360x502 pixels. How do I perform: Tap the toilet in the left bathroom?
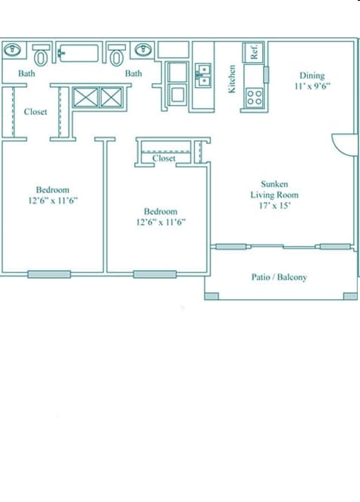click(41, 55)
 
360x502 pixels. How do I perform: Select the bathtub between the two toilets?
click(79, 53)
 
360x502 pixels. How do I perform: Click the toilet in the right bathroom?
click(117, 55)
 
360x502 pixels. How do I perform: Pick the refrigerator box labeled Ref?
click(254, 51)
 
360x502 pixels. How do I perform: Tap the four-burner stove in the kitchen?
click(254, 97)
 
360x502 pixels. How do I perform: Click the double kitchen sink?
click(202, 73)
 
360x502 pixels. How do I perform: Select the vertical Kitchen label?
click(233, 79)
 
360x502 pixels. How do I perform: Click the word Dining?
click(311, 76)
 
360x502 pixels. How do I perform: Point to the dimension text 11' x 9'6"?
click(311, 86)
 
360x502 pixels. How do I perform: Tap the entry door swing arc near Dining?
click(345, 145)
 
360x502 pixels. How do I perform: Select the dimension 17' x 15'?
click(274, 205)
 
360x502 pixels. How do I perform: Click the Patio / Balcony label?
click(279, 277)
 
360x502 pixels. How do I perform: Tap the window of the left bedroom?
click(49, 274)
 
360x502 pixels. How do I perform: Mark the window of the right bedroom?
click(155, 274)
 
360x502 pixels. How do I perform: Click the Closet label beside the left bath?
click(35, 112)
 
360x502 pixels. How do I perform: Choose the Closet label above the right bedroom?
click(164, 159)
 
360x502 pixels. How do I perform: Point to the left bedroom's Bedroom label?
click(53, 190)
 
